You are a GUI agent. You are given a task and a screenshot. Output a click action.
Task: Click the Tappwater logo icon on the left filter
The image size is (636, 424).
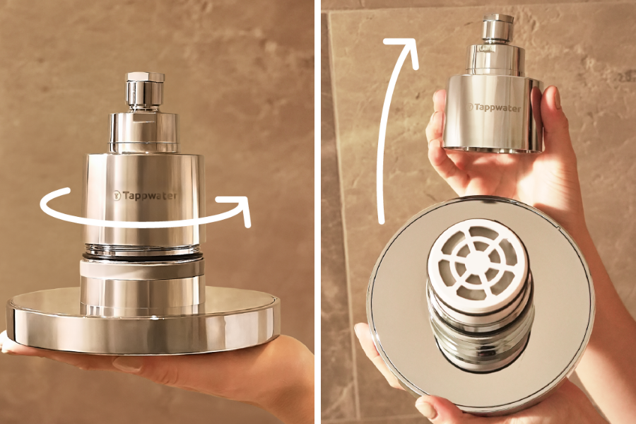117,196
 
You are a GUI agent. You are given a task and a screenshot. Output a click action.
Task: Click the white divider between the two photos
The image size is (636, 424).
317,212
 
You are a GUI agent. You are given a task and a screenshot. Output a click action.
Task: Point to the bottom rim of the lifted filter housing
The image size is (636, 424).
493,149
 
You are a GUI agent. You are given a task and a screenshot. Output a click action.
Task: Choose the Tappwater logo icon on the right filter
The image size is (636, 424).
470,107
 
